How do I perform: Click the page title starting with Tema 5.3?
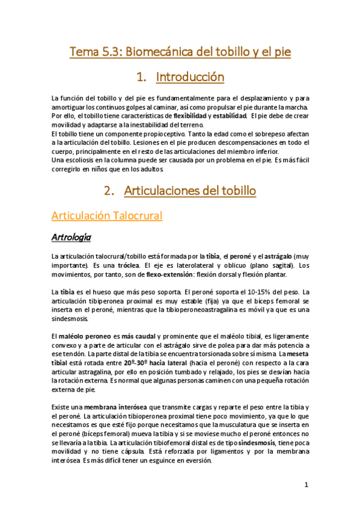click(180, 52)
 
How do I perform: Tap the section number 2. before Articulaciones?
click(109, 191)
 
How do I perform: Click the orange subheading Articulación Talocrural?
click(107, 215)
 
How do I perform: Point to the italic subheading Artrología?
click(71, 238)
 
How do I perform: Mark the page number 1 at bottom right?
click(306, 484)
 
